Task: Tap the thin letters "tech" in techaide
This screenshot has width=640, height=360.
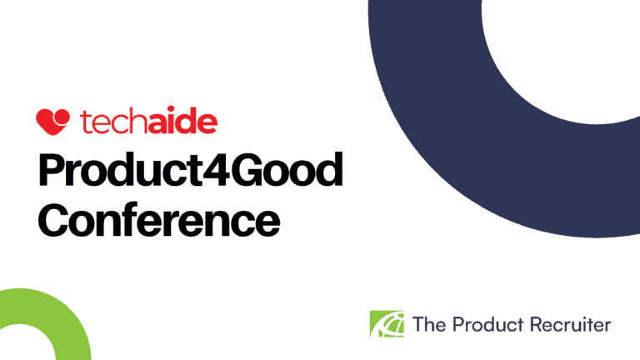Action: (110, 122)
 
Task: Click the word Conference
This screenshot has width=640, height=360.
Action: (159, 220)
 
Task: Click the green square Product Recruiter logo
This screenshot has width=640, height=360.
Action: (386, 323)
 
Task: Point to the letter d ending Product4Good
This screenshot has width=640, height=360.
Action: (327, 172)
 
